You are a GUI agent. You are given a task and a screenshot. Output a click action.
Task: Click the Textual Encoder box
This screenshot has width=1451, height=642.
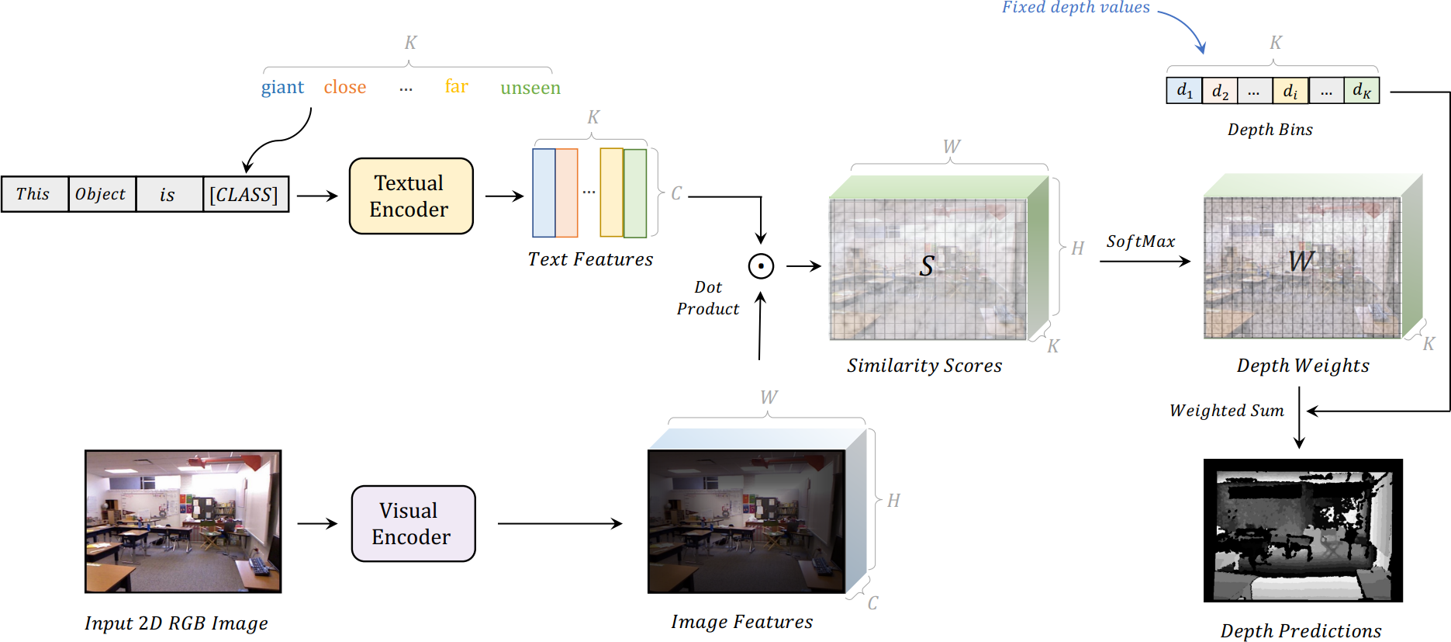click(411, 196)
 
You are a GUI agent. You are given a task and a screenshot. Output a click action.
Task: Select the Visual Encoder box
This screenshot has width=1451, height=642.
click(413, 523)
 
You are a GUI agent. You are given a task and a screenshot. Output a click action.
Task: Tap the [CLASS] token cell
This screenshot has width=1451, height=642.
click(246, 194)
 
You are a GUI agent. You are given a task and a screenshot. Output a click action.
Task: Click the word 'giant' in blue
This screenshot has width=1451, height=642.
click(282, 87)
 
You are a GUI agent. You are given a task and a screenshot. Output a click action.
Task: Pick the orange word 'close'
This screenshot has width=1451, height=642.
click(345, 87)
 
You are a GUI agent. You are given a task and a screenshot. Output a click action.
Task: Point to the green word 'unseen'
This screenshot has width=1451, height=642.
click(530, 88)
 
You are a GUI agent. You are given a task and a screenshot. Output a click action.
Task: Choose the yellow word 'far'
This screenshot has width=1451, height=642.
click(457, 85)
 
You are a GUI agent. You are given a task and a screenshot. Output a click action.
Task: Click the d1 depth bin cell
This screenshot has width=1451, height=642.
click(1184, 91)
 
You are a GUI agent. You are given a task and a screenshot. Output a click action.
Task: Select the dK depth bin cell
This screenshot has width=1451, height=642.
click(1362, 91)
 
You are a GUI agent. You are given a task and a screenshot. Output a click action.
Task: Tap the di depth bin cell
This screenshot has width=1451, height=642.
click(1290, 91)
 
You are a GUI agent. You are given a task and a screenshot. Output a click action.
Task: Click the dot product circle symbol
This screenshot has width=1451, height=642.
click(761, 266)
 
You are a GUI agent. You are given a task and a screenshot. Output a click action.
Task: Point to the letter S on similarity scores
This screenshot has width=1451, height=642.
click(927, 266)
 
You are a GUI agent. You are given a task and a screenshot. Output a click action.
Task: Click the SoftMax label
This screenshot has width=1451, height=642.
click(1141, 241)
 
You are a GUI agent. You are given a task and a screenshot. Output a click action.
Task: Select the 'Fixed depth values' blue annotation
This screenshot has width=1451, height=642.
click(1076, 8)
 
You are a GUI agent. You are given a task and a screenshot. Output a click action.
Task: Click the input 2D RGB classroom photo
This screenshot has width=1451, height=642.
click(183, 522)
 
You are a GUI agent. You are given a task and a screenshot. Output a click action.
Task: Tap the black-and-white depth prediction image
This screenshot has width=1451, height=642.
click(1303, 530)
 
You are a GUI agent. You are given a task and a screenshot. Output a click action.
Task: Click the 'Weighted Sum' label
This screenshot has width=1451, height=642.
click(1227, 411)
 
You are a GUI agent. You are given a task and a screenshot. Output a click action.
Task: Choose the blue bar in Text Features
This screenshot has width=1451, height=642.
click(544, 193)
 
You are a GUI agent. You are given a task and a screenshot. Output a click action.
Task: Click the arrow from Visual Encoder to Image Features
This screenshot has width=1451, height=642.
click(560, 524)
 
